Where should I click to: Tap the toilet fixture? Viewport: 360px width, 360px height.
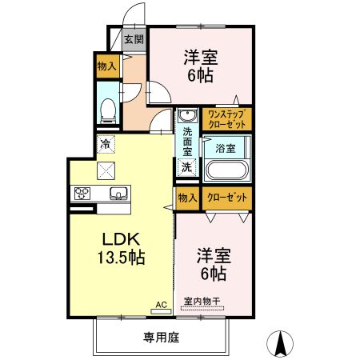pyautogui.click(x=106, y=111)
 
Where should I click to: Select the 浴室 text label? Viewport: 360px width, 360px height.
pyautogui.click(x=225, y=147)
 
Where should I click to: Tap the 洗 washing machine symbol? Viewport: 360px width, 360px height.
pyautogui.click(x=186, y=167)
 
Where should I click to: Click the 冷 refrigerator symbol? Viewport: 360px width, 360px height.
pyautogui.click(x=106, y=144)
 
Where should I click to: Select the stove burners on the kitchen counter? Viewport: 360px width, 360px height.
pyautogui.click(x=82, y=194)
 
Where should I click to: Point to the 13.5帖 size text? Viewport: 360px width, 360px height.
pyautogui.click(x=122, y=258)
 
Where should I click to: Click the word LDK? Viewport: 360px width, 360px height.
pyautogui.click(x=121, y=239)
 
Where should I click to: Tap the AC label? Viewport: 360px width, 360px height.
pyautogui.click(x=161, y=305)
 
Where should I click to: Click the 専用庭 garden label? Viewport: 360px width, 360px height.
pyautogui.click(x=161, y=338)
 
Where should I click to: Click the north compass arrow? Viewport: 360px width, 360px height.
pyautogui.click(x=282, y=342)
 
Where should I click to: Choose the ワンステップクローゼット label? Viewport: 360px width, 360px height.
pyautogui.click(x=226, y=119)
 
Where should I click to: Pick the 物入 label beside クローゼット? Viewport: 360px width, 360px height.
pyautogui.click(x=186, y=197)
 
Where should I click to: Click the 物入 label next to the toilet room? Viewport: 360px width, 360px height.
pyautogui.click(x=106, y=66)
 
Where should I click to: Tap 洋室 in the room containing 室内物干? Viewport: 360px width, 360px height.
pyautogui.click(x=214, y=256)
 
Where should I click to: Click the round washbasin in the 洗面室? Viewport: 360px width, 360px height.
pyautogui.click(x=186, y=114)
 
